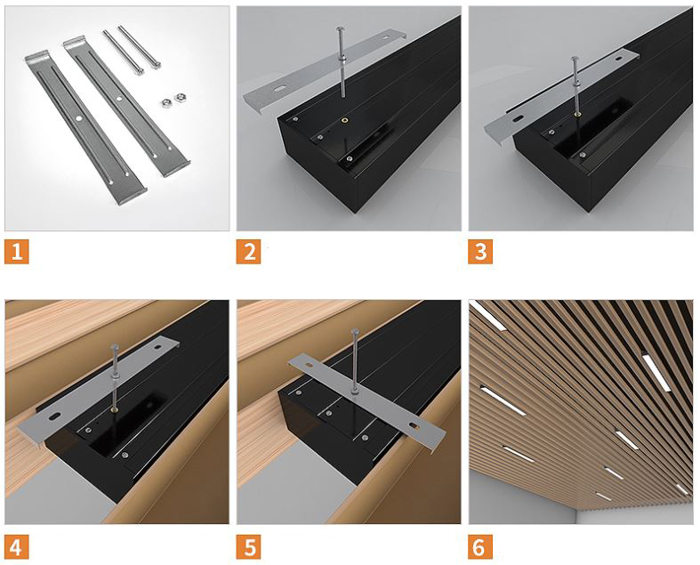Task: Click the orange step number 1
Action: [x=17, y=252]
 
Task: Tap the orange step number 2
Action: [x=249, y=252]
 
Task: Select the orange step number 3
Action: [x=480, y=252]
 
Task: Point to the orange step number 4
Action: [x=17, y=546]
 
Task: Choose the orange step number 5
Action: [x=249, y=546]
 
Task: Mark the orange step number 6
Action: [x=480, y=546]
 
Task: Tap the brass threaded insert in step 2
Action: [x=343, y=120]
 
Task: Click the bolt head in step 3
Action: [x=575, y=59]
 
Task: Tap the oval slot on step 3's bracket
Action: [x=518, y=119]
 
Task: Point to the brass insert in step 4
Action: [x=115, y=408]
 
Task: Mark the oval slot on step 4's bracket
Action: [x=56, y=416]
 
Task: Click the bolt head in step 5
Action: [x=356, y=331]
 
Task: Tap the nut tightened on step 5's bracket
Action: [x=355, y=391]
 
